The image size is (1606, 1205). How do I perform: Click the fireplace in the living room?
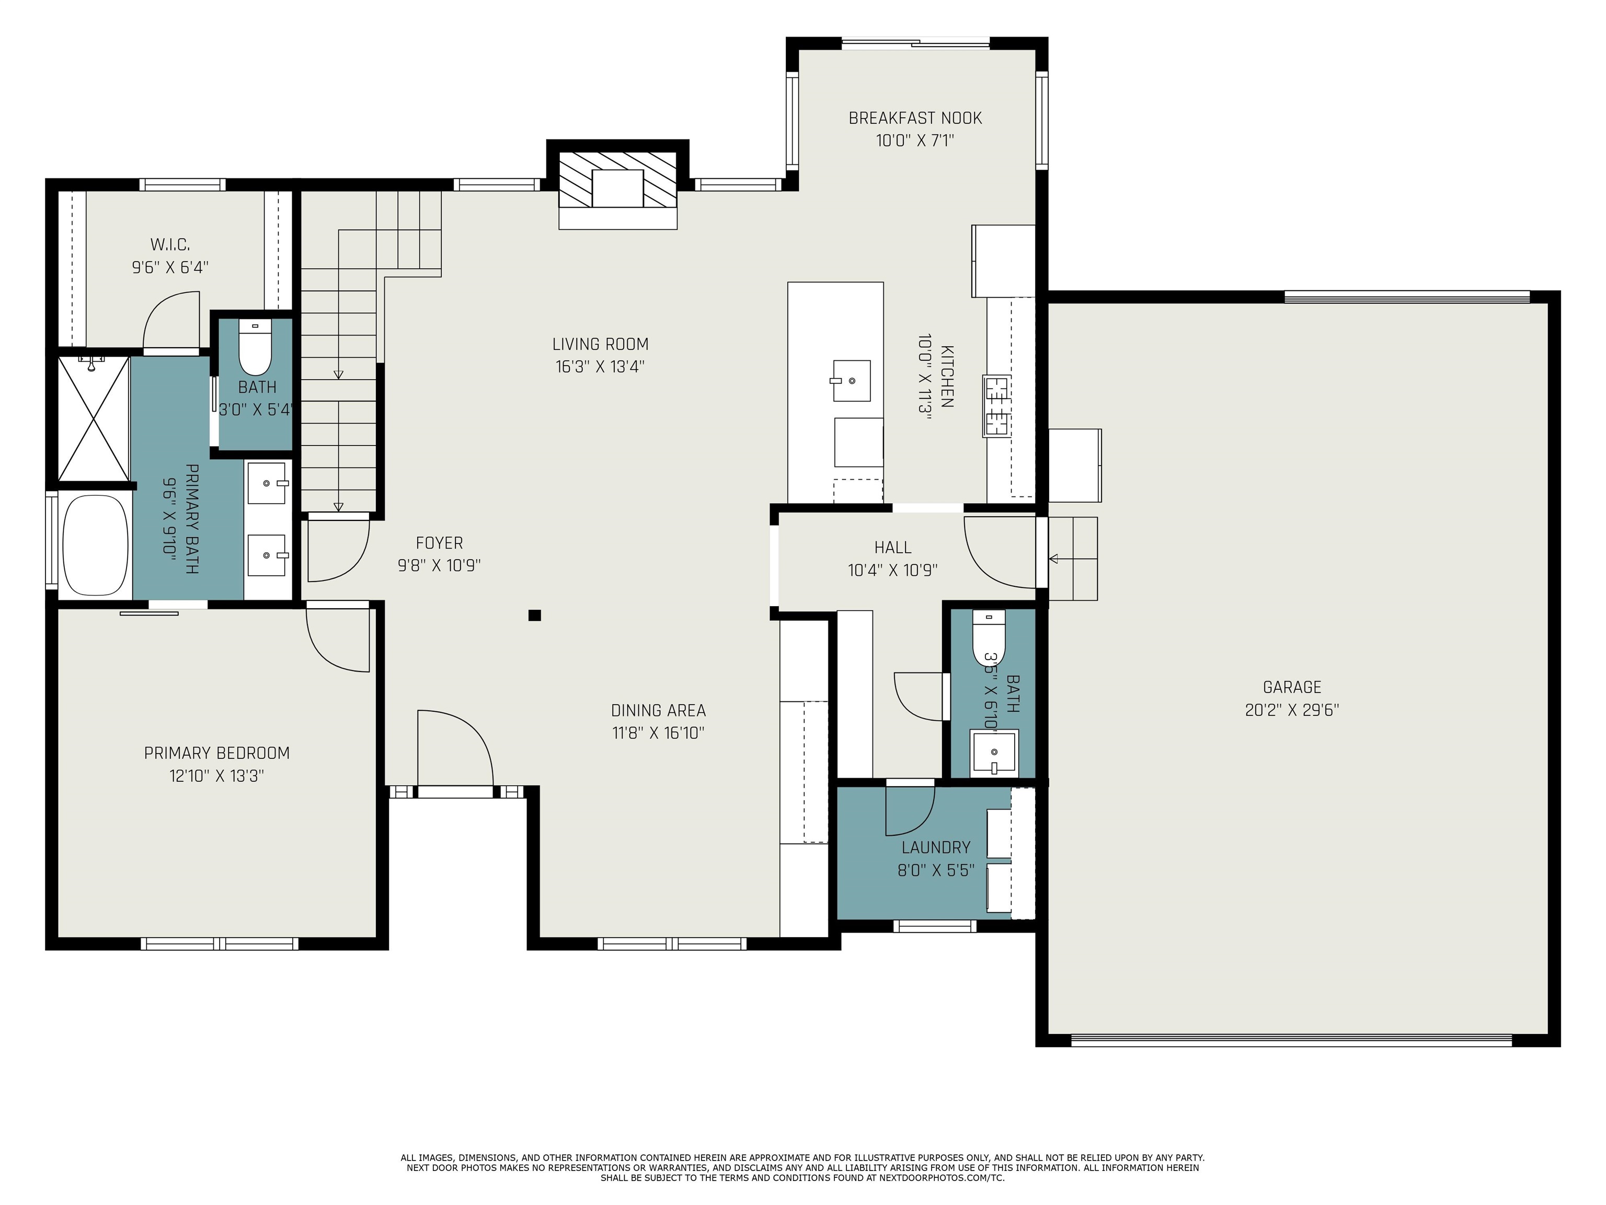[617, 185]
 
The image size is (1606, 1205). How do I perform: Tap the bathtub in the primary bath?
[95, 546]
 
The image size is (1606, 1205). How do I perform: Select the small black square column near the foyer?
[534, 615]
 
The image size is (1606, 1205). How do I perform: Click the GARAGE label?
[1292, 687]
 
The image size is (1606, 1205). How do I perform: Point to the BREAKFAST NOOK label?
[915, 118]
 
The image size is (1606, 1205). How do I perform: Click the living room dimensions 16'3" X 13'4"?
[600, 367]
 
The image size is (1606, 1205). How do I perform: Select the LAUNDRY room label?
[936, 848]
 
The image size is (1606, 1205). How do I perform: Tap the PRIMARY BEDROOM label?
[216, 753]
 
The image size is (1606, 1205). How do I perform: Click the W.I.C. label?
[170, 245]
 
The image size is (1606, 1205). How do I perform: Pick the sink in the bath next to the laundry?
[994, 753]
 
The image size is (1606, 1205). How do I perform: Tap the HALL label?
[892, 548]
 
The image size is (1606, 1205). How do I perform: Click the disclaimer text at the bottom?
[802, 1167]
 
